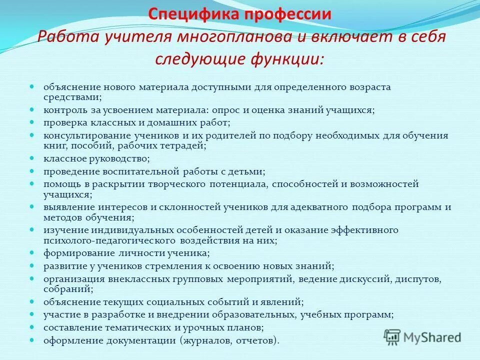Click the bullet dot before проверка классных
[x=31, y=121]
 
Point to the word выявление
[x=65, y=207]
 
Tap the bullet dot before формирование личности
[x=31, y=252]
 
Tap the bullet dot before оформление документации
[x=31, y=340]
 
